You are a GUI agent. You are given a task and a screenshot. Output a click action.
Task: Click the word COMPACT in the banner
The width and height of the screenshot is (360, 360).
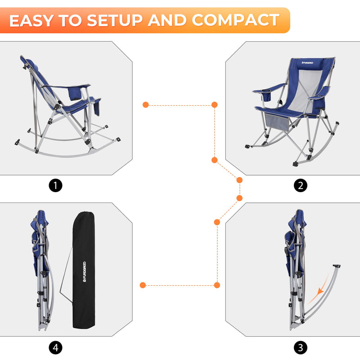pyautogui.click(x=235, y=20)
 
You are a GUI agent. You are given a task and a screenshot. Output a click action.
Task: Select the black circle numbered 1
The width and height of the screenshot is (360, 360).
pyautogui.click(x=55, y=185)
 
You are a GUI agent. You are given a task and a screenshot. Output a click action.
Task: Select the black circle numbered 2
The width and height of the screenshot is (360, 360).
pyautogui.click(x=301, y=185)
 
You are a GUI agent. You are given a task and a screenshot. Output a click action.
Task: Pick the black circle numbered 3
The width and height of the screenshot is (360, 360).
pyautogui.click(x=301, y=347)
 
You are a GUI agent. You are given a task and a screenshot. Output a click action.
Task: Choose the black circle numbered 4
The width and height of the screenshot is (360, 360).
pyautogui.click(x=55, y=347)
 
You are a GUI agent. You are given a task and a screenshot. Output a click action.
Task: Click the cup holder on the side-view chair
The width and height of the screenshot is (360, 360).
pyautogui.click(x=75, y=94)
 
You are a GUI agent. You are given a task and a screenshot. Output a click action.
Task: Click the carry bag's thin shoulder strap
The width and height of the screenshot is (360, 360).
pyautogui.click(x=65, y=279)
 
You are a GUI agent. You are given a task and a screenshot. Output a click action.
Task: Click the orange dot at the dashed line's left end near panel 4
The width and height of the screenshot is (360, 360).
pyautogui.click(x=143, y=285)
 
